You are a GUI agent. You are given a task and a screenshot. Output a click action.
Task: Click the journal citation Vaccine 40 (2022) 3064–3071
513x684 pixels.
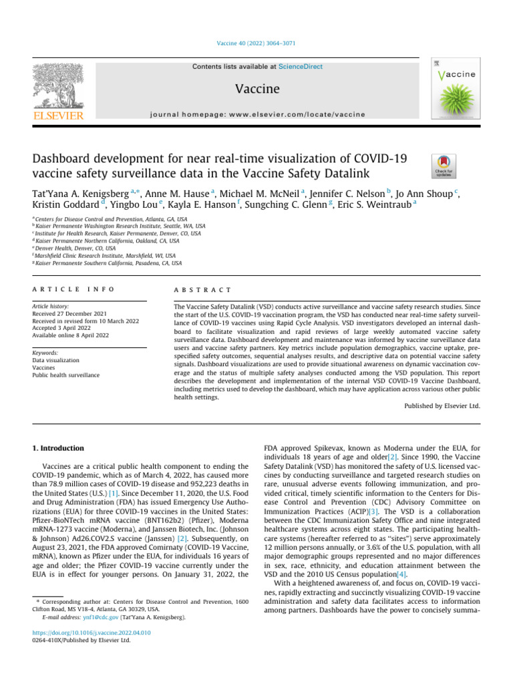click(256, 43)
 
